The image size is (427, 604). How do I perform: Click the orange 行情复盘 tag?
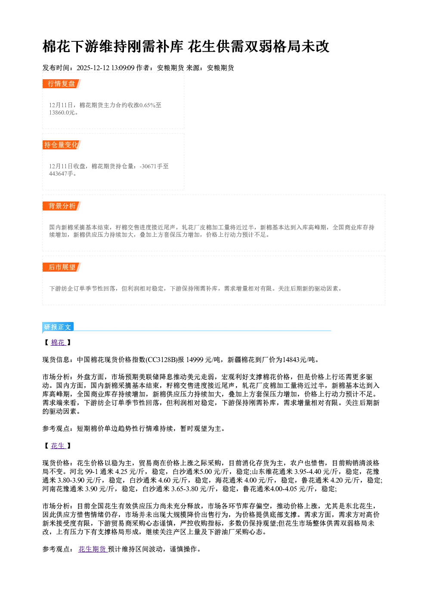tap(62, 84)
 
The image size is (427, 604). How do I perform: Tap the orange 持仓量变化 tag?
tap(62, 145)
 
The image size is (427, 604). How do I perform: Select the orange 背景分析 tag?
tap(62, 206)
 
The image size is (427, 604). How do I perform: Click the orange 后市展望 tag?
tap(62, 267)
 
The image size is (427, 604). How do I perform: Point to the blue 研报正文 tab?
tap(58, 327)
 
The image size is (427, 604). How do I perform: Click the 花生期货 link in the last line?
tap(93, 549)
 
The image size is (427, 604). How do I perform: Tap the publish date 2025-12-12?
tap(93, 68)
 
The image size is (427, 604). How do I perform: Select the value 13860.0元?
tap(62, 112)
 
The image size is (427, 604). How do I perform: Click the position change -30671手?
tap(151, 166)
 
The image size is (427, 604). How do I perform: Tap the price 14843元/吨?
tap(298, 360)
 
